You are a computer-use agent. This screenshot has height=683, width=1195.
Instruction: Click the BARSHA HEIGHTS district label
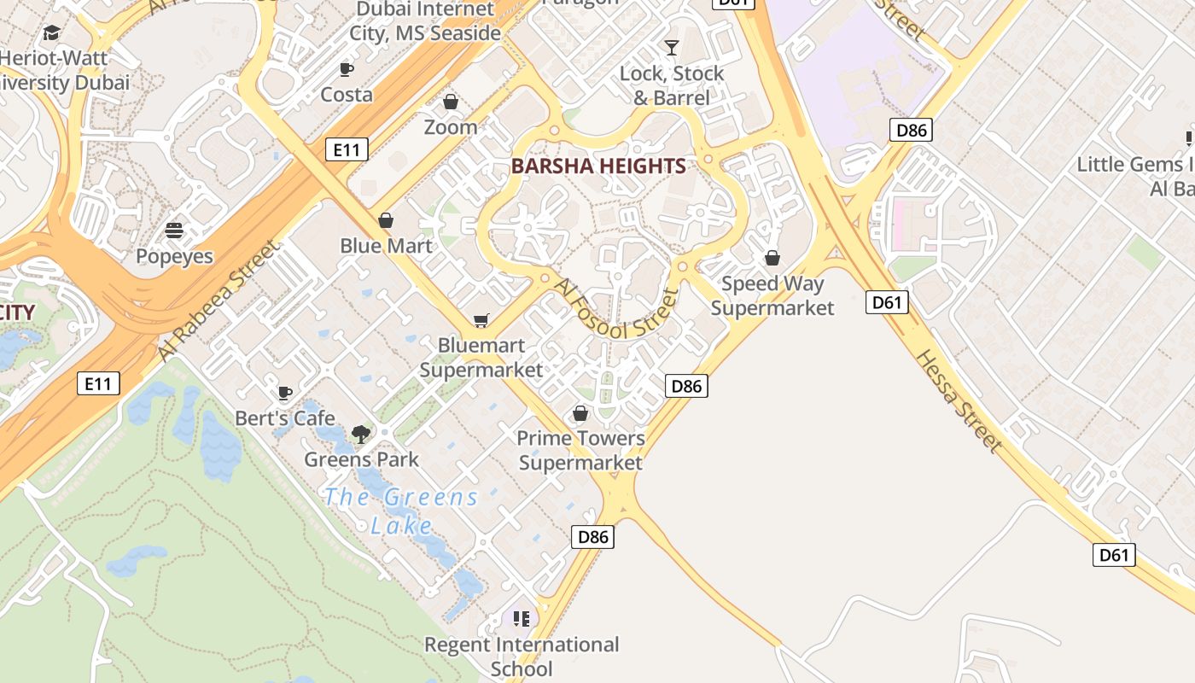598,166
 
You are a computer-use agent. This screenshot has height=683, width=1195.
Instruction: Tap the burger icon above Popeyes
174,231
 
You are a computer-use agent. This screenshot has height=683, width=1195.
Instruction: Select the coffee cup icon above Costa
346,69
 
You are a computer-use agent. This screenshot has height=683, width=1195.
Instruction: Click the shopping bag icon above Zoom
451,102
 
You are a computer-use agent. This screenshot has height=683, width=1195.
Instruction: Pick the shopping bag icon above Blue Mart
386,220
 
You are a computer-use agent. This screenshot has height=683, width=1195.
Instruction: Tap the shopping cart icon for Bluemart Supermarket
481,321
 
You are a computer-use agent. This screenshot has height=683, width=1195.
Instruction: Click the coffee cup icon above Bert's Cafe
285,393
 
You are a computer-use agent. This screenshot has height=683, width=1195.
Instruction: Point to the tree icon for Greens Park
361,434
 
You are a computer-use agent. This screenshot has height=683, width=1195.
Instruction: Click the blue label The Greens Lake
401,511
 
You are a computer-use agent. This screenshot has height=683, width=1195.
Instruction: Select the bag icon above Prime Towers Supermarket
580,414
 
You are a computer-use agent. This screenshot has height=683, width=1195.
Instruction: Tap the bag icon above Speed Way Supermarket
772,258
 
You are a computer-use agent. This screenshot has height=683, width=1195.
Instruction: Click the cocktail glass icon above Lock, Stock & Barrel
672,48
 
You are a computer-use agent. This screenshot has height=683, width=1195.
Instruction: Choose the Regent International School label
522,656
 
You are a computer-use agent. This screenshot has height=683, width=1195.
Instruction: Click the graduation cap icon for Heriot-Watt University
51,33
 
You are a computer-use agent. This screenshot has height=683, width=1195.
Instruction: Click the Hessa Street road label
959,400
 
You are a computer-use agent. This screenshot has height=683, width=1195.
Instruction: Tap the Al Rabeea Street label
219,301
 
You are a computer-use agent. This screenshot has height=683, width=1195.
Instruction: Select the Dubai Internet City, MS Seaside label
425,22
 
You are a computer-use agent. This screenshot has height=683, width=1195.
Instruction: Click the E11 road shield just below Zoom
347,150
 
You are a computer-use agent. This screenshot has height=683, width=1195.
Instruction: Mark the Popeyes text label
174,256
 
